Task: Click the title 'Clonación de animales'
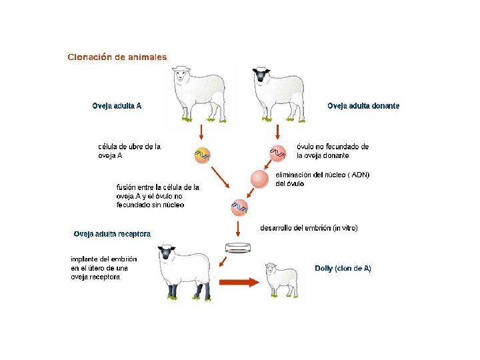117,57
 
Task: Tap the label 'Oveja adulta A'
117,106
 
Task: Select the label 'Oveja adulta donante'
363,106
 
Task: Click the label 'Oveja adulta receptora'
112,234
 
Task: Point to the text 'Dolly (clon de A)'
343,268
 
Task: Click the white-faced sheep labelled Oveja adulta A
198,93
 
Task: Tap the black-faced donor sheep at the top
278,93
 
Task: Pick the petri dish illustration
238,248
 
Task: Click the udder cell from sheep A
202,155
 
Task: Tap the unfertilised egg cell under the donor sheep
277,153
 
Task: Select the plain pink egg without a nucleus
259,179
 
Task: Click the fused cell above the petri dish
239,207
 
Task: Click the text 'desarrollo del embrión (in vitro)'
309,228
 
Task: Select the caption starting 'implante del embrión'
104,267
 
